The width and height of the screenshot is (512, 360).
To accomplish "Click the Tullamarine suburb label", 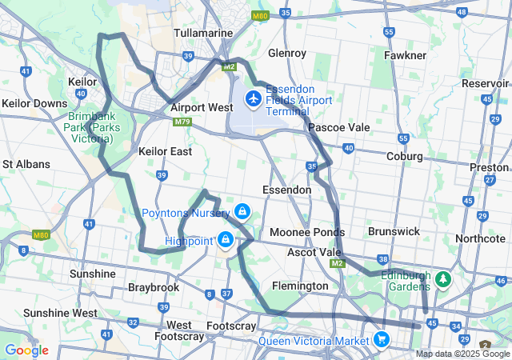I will click(203, 33).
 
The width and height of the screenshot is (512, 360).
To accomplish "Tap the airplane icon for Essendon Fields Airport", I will click(254, 98).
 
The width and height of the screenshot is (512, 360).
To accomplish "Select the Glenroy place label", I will click(287, 53).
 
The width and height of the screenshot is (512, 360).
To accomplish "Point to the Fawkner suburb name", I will click(404, 55).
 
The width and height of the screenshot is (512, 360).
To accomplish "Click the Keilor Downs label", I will click(34, 103).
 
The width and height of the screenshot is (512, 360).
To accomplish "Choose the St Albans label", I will click(26, 164).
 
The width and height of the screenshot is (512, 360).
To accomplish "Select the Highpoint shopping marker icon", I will click(226, 240).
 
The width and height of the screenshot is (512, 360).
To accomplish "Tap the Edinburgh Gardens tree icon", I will click(442, 281).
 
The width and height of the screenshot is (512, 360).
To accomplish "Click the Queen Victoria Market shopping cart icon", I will click(382, 339).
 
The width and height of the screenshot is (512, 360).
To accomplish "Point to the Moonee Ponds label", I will click(307, 232).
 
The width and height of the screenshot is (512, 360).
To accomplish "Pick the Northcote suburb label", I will click(480, 238).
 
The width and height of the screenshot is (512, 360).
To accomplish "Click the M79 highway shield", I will click(182, 122).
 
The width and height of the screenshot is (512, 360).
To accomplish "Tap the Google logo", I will click(26, 350).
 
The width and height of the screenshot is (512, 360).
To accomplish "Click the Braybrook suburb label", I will click(151, 286).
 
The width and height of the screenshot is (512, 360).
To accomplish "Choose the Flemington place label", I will click(300, 286).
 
